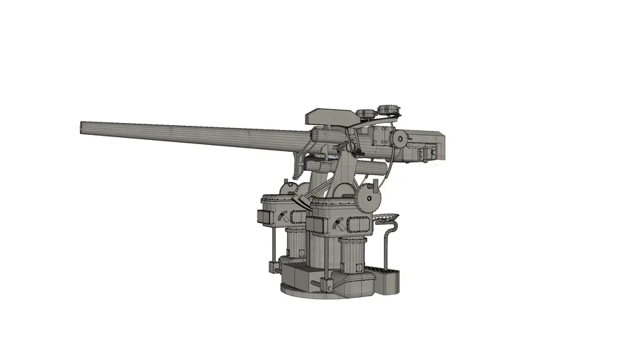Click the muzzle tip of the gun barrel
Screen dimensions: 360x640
tap(82, 127)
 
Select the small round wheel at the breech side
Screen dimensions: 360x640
tap(400, 139)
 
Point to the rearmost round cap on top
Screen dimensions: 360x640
tap(388, 110)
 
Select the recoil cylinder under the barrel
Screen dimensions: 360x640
tap(373, 168)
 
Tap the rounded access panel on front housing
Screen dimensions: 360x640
tap(355, 226)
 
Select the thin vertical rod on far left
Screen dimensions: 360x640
tap(272, 246)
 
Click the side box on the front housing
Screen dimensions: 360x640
tap(316, 225)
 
